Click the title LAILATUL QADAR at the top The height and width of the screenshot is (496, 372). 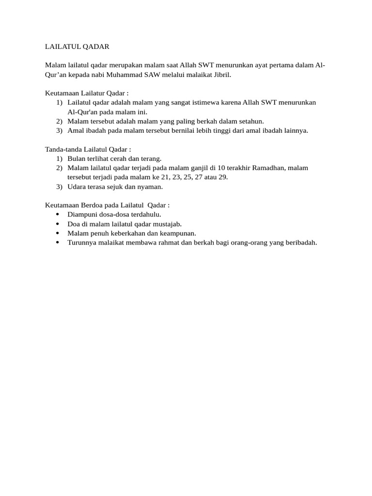pyautogui.click(x=77, y=46)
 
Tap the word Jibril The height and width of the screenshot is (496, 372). pyautogui.click(x=221, y=75)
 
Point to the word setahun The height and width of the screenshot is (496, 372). pyautogui.click(x=251, y=121)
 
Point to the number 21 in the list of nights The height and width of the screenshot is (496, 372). pyautogui.click(x=158, y=177)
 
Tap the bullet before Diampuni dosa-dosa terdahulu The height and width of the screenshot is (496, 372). pyautogui.click(x=58, y=214)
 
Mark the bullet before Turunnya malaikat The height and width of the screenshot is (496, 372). pyautogui.click(x=58, y=242)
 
